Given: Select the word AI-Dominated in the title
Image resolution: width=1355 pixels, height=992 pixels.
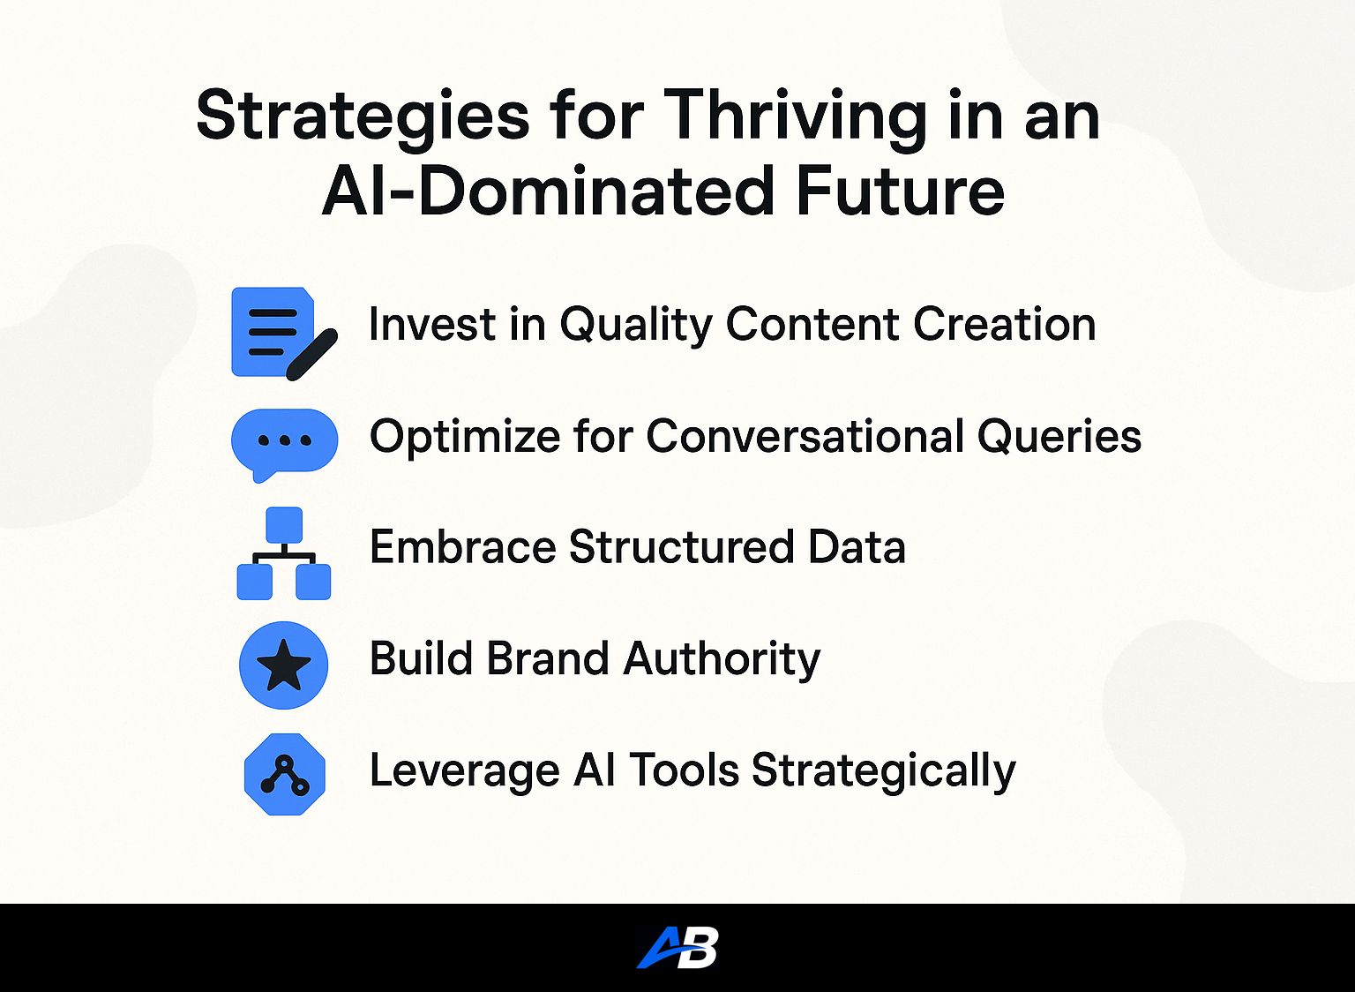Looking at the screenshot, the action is (x=549, y=190).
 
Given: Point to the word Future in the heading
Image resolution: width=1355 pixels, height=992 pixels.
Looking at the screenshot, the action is (x=901, y=190).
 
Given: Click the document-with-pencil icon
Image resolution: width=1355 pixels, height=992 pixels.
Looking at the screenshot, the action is (x=284, y=334).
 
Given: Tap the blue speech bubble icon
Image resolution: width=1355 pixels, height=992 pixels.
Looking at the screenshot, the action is (x=284, y=445).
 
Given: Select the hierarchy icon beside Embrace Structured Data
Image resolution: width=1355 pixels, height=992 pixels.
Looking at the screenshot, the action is (x=284, y=553).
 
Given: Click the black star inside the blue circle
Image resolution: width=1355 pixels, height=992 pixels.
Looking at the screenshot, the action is (x=284, y=665).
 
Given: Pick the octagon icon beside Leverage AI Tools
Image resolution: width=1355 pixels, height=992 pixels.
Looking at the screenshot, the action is (x=284, y=774).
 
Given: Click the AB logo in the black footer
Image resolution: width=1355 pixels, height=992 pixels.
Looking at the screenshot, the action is (x=677, y=947).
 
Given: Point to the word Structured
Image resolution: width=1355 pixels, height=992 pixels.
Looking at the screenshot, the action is (x=681, y=546).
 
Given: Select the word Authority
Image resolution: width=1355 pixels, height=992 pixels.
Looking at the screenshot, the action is (x=722, y=660).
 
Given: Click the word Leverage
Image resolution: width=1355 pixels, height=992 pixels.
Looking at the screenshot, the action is (x=465, y=771).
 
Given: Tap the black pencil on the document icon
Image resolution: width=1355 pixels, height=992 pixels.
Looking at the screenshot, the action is (x=311, y=356).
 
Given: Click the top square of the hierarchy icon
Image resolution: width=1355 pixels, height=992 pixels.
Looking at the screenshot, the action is (x=284, y=525).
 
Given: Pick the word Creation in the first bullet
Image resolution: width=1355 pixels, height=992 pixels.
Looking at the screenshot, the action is (x=1004, y=324).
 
